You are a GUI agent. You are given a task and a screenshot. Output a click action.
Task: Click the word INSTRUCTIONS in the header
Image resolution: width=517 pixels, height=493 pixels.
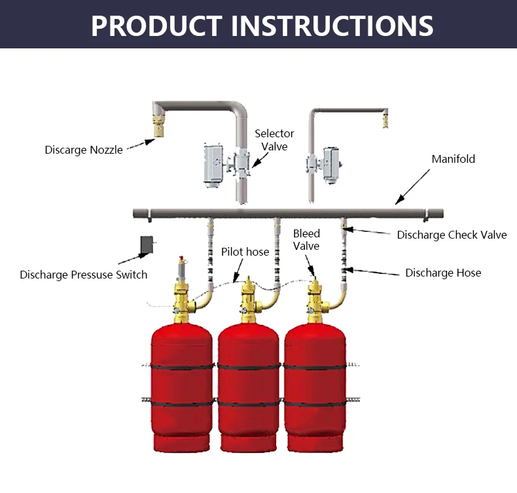coord(332,25)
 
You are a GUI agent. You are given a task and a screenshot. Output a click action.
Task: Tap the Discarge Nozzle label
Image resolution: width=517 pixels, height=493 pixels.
coord(83,150)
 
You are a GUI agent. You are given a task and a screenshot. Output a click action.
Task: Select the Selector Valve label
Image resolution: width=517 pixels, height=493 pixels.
coord(274,140)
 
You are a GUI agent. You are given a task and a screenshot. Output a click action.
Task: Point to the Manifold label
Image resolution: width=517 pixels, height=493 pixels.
coord(453,159)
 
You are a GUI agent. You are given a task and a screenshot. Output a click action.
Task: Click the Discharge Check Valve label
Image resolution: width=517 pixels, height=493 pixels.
coord(452,235)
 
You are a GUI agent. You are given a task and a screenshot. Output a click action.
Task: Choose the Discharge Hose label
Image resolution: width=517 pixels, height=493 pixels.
coord(443,273)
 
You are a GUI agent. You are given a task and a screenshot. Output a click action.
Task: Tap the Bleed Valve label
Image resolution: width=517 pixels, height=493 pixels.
coord(306,239)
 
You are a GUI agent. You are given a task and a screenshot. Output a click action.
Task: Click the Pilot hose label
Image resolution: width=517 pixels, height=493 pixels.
coord(245,252)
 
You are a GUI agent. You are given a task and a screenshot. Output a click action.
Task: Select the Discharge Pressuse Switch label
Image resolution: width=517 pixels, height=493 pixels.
coord(83,275)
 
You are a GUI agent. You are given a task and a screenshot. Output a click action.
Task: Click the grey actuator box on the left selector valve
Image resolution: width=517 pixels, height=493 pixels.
coord(213,163)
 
